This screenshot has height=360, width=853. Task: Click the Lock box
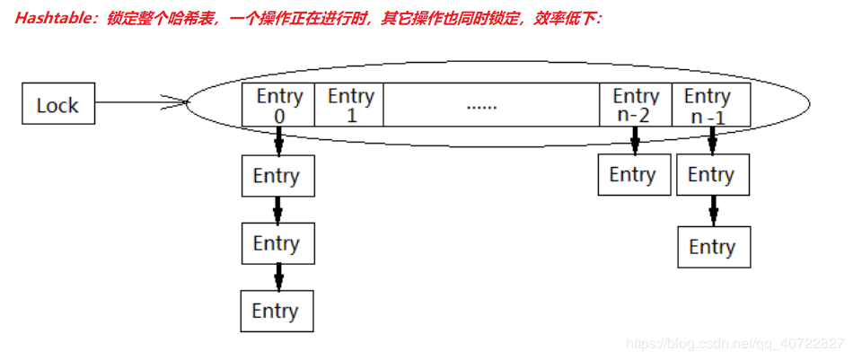58,104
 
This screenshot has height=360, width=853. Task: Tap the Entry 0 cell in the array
279,105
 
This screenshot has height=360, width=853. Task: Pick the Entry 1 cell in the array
350,105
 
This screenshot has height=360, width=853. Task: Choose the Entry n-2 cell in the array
636,105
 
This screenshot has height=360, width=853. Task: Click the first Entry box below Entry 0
277,176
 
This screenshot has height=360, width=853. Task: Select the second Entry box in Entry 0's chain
277,243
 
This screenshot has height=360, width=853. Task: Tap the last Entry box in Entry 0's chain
277,311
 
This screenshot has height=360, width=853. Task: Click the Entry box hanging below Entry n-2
633,174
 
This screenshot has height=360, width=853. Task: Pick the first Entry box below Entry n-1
712,175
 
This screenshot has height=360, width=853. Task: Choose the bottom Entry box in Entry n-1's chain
713,247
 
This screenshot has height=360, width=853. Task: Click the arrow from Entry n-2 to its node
635,140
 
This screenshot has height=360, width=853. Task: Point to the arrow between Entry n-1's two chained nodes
713,211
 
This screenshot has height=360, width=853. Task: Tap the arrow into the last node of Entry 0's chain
277,277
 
